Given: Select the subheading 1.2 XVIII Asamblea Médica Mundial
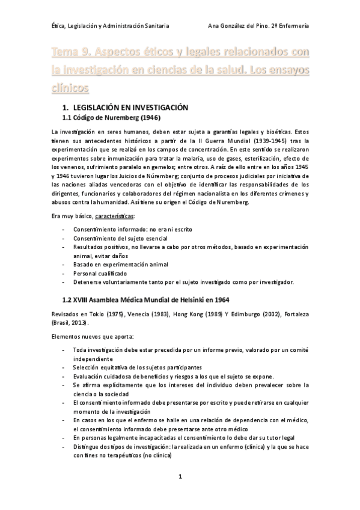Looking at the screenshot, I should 145,299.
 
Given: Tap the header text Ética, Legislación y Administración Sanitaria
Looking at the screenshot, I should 110,26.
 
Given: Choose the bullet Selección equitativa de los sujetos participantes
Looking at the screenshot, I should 137,367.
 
